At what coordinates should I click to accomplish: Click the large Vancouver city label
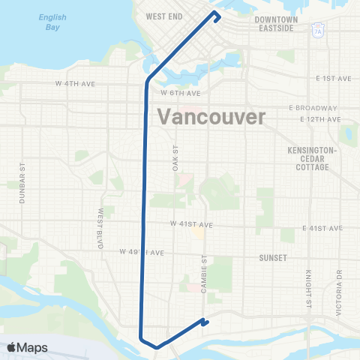212,118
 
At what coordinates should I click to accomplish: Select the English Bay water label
53,22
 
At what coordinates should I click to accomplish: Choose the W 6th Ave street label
181,93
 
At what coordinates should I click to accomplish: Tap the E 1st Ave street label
333,78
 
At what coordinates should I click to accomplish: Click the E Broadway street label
310,108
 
